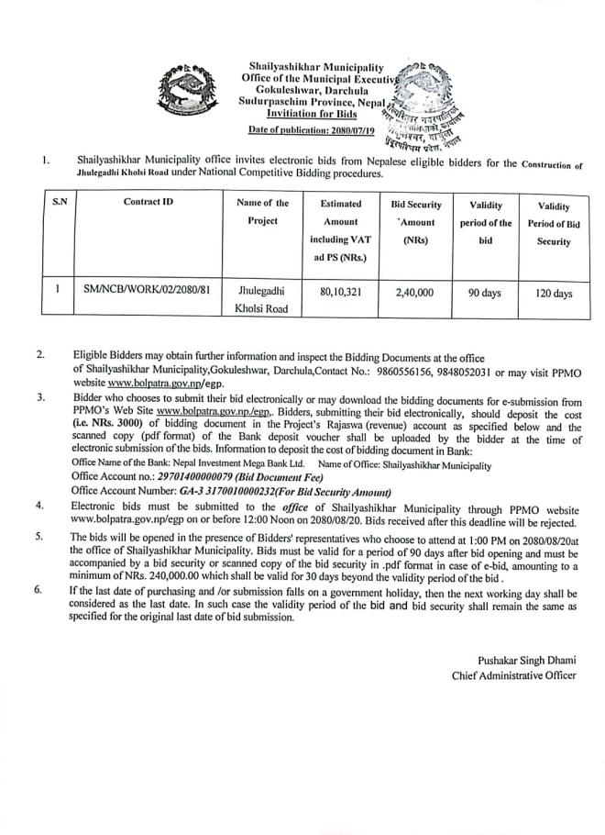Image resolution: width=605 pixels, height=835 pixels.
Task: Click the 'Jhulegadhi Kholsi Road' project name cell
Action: point(262,299)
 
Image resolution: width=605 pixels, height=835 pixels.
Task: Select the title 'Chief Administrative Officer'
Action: point(513,676)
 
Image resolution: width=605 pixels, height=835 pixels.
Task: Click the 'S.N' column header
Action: point(58,203)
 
